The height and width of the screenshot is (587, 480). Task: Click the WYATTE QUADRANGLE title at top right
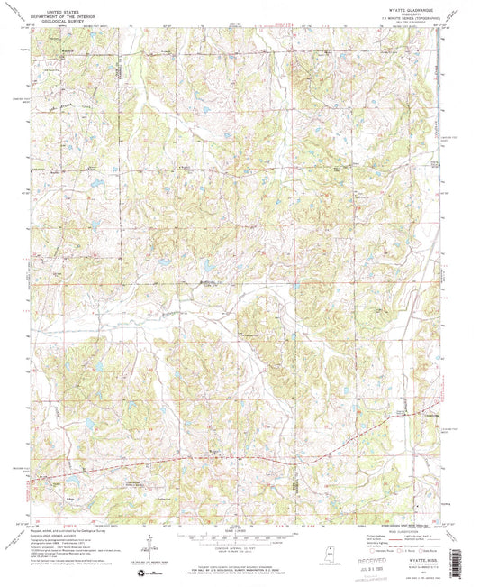coord(382,5)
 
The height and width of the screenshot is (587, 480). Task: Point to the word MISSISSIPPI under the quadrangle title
coord(382,10)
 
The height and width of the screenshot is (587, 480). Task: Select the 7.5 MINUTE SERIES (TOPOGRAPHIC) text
coord(382,14)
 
